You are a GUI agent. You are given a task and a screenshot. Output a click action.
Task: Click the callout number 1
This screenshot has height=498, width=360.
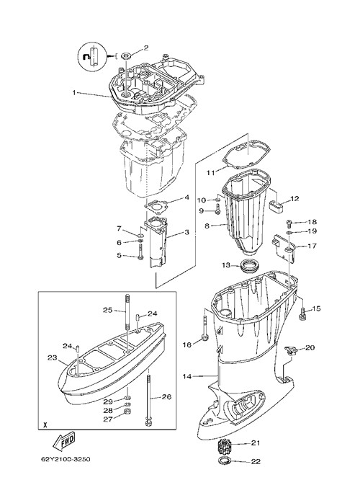pos(74,93)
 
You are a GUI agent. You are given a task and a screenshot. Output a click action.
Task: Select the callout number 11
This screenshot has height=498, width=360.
pos(211,173)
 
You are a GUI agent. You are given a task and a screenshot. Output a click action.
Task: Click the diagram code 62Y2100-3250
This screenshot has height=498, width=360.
pos(66,459)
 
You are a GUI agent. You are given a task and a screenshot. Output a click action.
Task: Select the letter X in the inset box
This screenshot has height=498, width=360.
pos(45,424)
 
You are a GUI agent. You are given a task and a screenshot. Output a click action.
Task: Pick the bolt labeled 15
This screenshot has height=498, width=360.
pos(302,311)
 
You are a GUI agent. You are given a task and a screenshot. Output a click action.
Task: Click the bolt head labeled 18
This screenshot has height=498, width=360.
pos(289,223)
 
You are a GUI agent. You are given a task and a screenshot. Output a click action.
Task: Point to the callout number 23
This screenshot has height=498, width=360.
pos(53,357)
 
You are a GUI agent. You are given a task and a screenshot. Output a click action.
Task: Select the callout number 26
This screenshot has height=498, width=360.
pos(166,396)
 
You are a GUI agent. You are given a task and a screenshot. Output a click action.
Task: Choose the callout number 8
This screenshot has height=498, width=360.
pos(207,226)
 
